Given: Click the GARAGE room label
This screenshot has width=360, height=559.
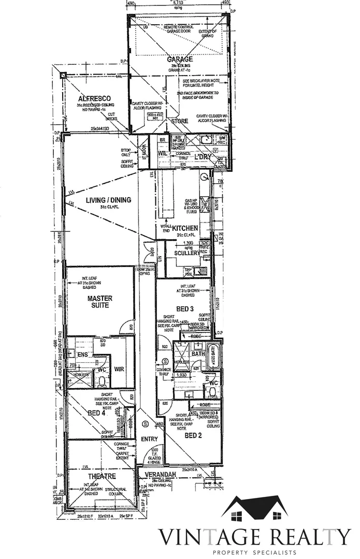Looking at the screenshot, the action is (180, 60).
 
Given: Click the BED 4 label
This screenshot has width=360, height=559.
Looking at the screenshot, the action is (96, 413).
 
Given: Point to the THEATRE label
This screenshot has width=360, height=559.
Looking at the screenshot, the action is (102, 476).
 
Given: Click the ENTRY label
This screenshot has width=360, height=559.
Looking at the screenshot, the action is (149, 439).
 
